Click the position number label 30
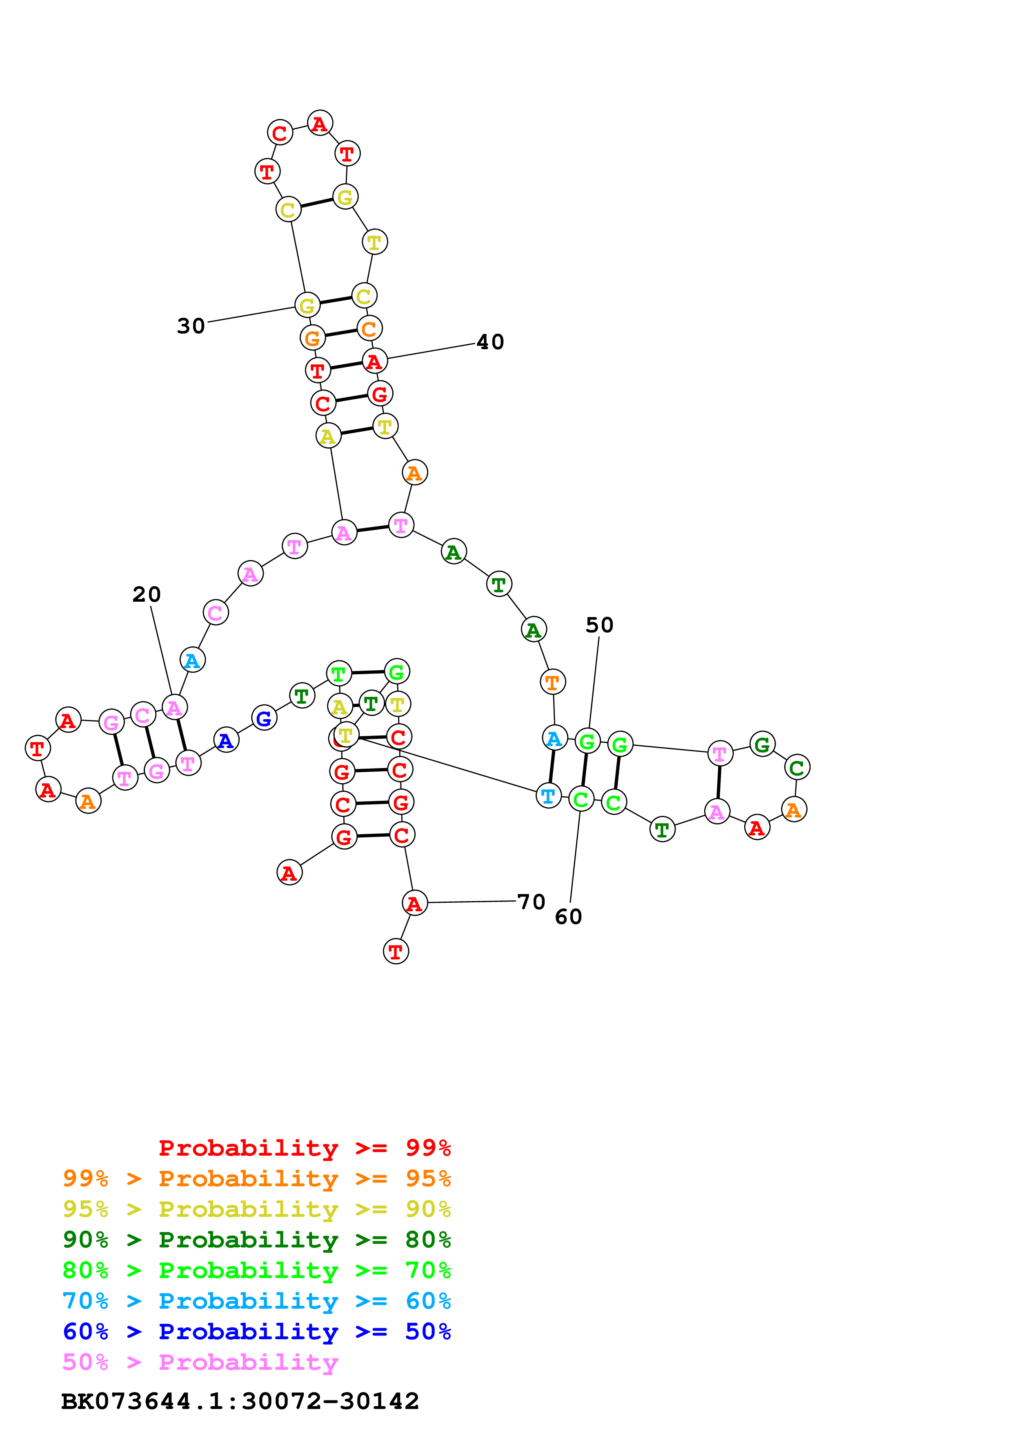[191, 326]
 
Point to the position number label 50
[599, 625]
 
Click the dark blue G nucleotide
[264, 718]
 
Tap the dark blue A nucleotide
[226, 740]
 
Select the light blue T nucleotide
[548, 796]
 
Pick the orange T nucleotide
[552, 682]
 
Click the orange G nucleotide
[312, 338]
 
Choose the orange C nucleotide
[369, 328]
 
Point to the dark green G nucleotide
[762, 744]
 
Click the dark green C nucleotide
[796, 768]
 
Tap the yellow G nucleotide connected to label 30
[307, 306]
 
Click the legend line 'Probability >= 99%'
[304, 1148]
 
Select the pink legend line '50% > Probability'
[200, 1362]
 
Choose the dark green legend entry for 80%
[256, 1240]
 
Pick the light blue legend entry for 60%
[256, 1301]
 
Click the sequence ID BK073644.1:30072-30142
[240, 1401]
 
